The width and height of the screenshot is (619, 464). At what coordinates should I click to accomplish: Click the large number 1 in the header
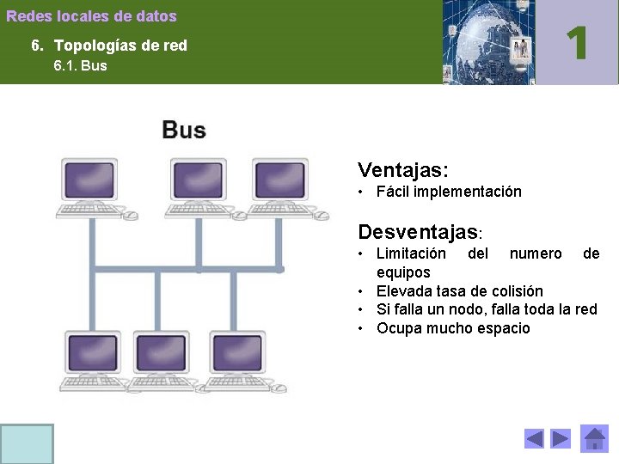coord(577,42)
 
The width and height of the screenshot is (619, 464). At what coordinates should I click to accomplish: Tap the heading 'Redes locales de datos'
coord(91,16)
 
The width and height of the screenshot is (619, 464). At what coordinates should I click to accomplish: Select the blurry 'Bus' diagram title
coord(183,131)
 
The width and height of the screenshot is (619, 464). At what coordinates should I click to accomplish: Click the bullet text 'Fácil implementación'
coord(449,192)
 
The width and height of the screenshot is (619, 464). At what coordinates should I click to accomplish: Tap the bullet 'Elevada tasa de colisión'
coord(459,290)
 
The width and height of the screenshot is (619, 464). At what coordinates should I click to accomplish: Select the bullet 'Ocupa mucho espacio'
coord(453,328)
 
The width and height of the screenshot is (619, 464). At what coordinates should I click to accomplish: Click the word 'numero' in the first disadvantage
coord(536,253)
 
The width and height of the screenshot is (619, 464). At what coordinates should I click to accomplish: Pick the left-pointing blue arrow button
coord(534,439)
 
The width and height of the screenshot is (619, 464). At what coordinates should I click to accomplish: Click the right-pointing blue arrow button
coord(561,439)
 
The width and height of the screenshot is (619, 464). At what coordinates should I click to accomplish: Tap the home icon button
coord(594,439)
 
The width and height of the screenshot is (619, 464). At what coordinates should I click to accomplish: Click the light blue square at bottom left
coord(27,443)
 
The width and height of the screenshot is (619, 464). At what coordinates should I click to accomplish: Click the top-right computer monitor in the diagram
coord(281,180)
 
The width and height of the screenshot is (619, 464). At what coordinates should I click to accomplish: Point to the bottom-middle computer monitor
coord(161,352)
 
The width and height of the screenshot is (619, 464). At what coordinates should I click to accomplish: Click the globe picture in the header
coord(487,42)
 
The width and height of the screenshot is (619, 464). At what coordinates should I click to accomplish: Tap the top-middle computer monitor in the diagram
coord(198,180)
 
